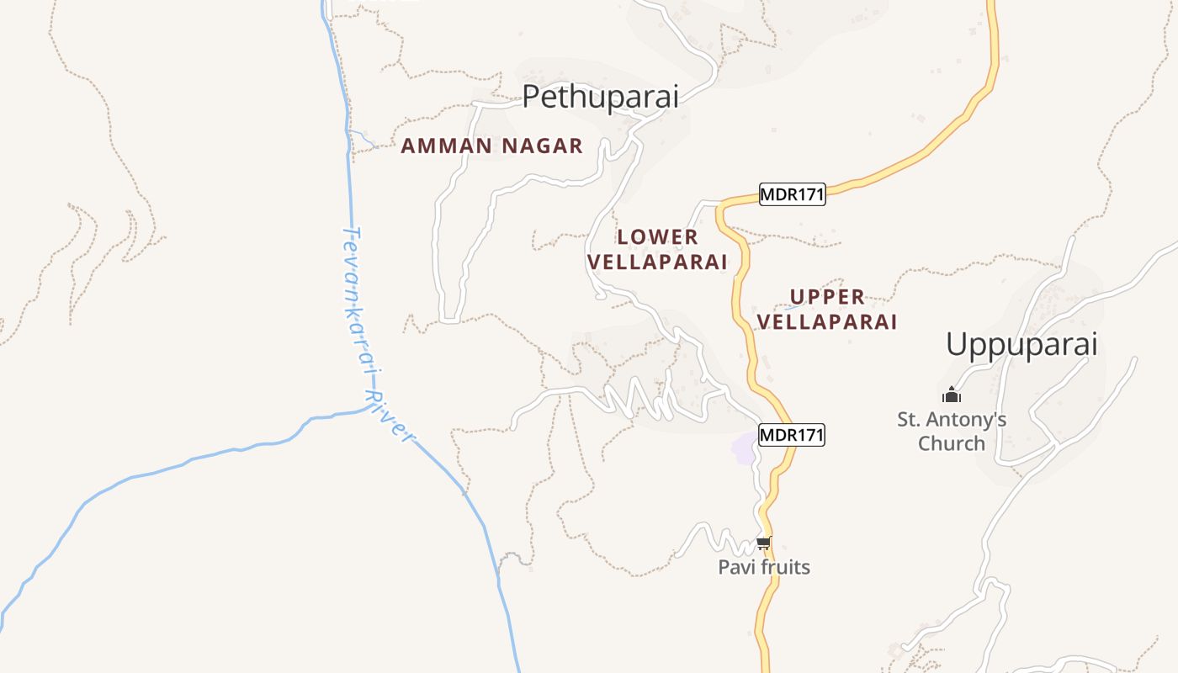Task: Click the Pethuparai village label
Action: pyautogui.click(x=600, y=97)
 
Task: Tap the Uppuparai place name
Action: pyautogui.click(x=1021, y=345)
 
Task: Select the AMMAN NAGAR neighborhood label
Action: pyautogui.click(x=491, y=146)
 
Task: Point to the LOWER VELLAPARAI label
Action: pyautogui.click(x=657, y=249)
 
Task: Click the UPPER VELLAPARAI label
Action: pyautogui.click(x=827, y=309)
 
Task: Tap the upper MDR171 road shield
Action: pyautogui.click(x=792, y=195)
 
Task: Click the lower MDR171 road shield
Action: pyautogui.click(x=792, y=435)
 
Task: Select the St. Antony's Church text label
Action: pyautogui.click(x=952, y=431)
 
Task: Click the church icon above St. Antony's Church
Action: pyautogui.click(x=952, y=395)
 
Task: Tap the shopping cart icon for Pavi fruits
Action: pyautogui.click(x=763, y=543)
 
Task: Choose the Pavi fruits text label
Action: pyautogui.click(x=764, y=567)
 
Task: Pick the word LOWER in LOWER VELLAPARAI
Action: pyautogui.click(x=657, y=237)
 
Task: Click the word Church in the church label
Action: pyautogui.click(x=952, y=443)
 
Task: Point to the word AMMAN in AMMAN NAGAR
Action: pyautogui.click(x=446, y=146)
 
